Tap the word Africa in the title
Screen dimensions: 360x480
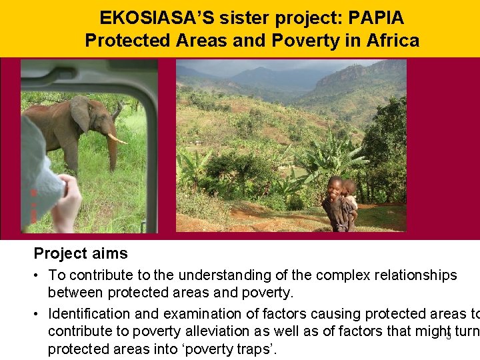(x=393, y=41)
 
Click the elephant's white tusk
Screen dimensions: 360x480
(x=118, y=139)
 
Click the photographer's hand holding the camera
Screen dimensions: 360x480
(x=67, y=203)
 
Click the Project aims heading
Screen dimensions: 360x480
(x=81, y=253)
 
